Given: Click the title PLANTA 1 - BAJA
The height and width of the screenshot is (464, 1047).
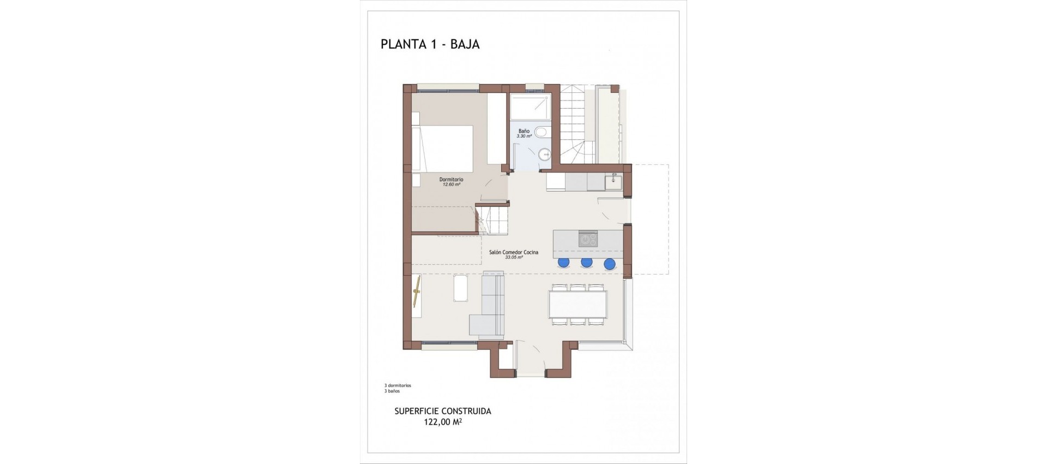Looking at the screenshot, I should tap(430, 45).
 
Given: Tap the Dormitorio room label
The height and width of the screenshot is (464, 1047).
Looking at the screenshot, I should tap(451, 179).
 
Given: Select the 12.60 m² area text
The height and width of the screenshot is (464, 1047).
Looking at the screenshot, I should tap(451, 185).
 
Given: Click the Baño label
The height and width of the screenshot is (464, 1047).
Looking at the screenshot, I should tap(523, 131).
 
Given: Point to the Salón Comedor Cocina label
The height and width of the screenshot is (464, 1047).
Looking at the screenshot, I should tap(513, 252).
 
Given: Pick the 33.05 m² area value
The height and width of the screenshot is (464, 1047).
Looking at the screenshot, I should tap(513, 257).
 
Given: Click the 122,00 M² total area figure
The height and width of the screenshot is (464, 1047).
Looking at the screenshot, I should tap(442, 421).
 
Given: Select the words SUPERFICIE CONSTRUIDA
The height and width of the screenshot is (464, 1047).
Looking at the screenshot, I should tap(442, 411).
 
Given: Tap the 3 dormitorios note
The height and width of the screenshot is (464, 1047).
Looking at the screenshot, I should tap(398, 385).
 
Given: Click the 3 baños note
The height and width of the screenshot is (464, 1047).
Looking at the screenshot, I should tap(392, 391).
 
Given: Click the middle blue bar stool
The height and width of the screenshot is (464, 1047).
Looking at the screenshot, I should tap(587, 262).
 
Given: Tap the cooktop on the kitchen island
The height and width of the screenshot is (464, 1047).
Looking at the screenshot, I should tap(588, 239).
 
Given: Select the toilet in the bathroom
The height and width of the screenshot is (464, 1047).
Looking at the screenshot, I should tap(541, 132).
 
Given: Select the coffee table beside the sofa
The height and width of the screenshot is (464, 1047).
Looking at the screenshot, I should tap(461, 288).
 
